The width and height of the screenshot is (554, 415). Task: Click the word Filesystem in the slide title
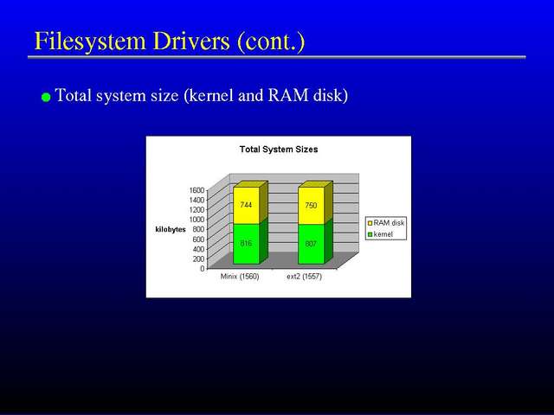90,41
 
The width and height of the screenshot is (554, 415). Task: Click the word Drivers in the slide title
191,41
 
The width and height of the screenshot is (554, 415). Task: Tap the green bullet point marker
46,98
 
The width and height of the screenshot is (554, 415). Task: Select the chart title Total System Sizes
279,150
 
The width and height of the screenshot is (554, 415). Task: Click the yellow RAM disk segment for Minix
246,206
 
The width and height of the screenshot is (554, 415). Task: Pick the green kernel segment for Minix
246,244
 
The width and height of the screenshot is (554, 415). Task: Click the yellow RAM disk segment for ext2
311,206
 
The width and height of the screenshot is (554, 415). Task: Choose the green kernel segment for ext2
311,244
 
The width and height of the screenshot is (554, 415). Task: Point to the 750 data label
311,206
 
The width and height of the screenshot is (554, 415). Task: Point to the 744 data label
246,205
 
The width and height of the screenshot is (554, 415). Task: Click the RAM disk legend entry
386,223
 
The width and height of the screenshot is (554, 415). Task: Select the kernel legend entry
380,234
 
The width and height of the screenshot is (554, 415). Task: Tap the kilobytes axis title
171,229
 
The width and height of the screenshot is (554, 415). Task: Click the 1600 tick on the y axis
196,190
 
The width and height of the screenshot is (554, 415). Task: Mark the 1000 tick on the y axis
196,219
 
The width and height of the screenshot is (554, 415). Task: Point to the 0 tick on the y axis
203,268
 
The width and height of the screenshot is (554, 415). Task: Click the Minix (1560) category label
240,277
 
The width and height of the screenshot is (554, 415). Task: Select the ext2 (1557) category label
304,277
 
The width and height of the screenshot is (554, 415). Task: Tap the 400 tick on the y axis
198,249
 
